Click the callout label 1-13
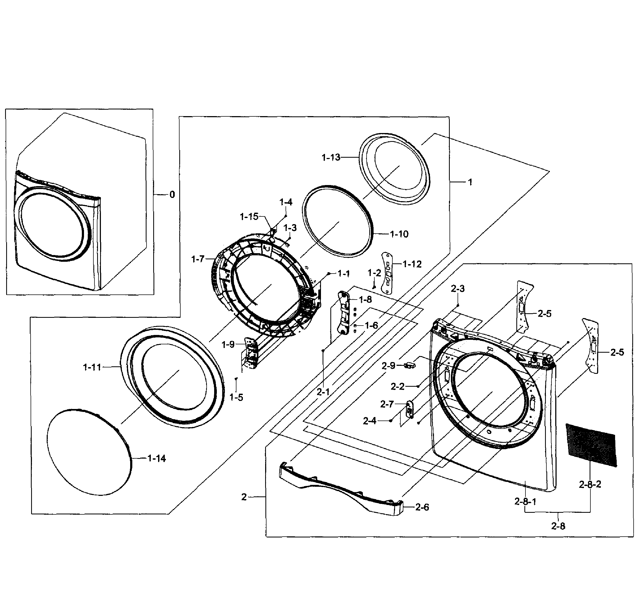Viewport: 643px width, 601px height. (331, 157)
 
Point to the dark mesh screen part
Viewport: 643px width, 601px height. (591, 445)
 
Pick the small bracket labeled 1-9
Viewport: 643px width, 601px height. (251, 352)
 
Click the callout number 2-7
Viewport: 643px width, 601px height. (387, 404)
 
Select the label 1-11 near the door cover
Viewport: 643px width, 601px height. (92, 367)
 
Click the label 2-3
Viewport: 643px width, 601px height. (458, 288)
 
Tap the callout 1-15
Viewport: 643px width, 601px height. (249, 217)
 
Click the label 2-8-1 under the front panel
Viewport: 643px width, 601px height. (525, 501)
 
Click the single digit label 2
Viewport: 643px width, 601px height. (244, 497)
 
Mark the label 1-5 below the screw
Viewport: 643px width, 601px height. (236, 397)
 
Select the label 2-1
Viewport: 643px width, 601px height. (323, 392)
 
